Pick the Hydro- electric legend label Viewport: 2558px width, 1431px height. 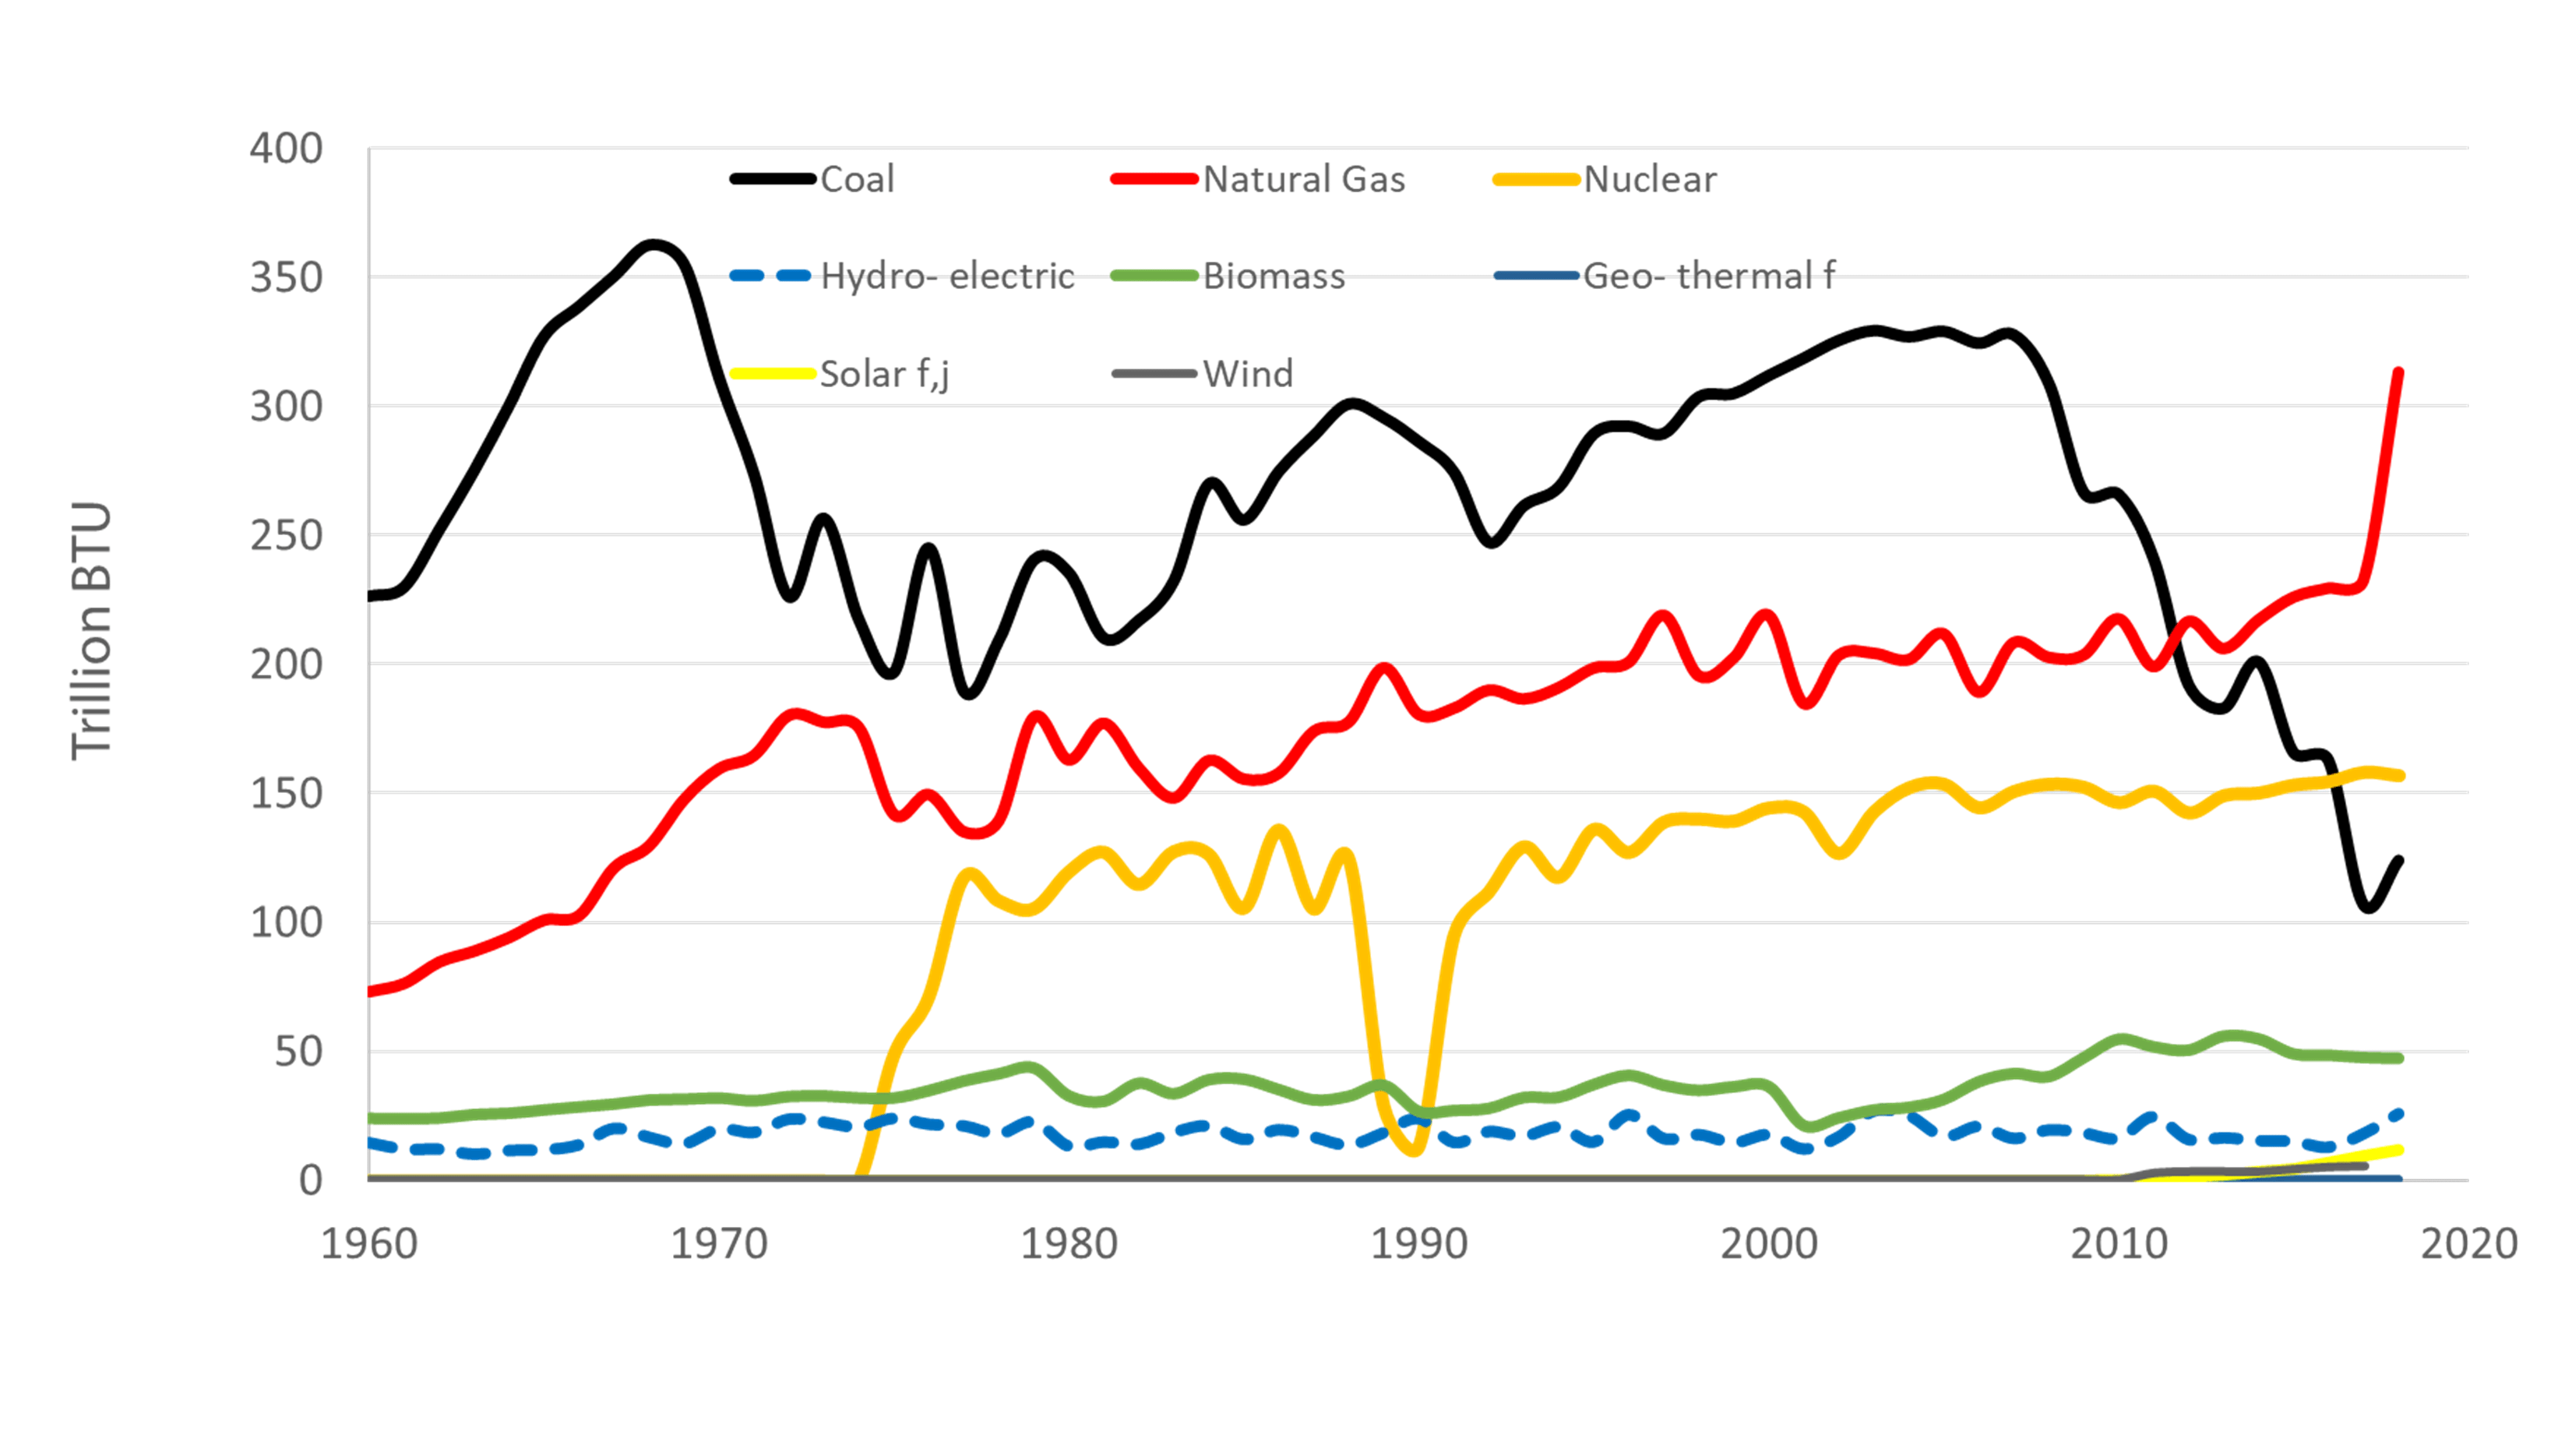pyautogui.click(x=947, y=276)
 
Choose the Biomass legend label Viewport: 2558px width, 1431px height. pyautogui.click(x=1274, y=276)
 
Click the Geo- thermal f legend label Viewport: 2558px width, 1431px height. pyautogui.click(x=1708, y=276)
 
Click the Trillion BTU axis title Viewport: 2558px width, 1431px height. pyautogui.click(x=91, y=632)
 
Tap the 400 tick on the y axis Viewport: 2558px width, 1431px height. pyautogui.click(x=286, y=149)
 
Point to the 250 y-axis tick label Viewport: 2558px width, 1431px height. pyautogui.click(x=286, y=536)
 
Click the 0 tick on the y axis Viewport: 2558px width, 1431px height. pyautogui.click(x=311, y=1179)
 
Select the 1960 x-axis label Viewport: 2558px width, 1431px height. pyautogui.click(x=368, y=1244)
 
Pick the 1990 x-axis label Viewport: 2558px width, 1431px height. pyautogui.click(x=1419, y=1244)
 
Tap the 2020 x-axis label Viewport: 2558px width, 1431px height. pyautogui.click(x=2468, y=1244)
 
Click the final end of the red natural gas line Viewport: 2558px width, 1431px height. pyautogui.click(x=2399, y=372)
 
